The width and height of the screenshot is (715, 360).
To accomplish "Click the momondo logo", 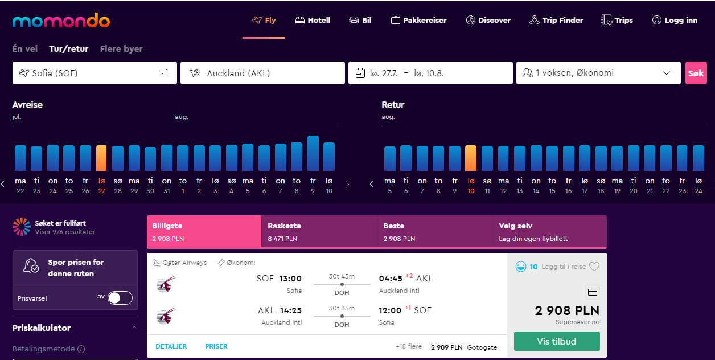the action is [61, 21].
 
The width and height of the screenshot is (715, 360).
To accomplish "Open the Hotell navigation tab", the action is [313, 20].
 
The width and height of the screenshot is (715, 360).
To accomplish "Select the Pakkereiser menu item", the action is [418, 20].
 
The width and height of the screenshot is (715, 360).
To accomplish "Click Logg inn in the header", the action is [675, 20].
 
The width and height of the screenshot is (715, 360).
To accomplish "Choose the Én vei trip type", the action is [25, 49].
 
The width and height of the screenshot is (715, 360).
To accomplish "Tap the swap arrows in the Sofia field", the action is [165, 73].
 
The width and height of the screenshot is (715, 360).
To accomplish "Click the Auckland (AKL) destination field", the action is [262, 73].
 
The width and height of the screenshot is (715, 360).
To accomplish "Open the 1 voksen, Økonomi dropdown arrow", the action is [667, 73].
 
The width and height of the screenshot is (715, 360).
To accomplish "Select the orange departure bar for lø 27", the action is [101, 158].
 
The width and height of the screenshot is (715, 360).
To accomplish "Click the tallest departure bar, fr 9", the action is [313, 153].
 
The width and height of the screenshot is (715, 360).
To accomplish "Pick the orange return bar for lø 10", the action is [471, 158].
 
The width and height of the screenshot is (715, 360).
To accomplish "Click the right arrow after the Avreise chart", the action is [348, 185].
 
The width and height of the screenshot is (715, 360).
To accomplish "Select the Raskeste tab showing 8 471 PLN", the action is [319, 232].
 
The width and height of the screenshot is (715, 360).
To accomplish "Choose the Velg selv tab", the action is [550, 232].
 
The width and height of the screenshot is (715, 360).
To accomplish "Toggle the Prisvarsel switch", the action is [120, 298].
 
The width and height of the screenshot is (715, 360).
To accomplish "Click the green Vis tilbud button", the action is [557, 341].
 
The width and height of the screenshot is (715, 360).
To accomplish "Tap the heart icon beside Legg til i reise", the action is [594, 267].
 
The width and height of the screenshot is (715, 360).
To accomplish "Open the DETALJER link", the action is [171, 346].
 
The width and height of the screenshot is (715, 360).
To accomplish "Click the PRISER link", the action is [216, 346].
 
